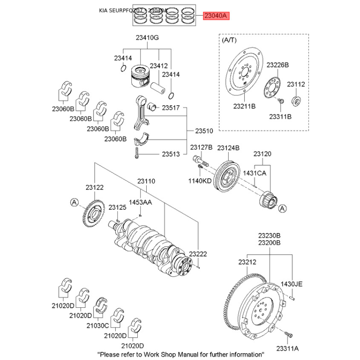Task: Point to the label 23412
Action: pyautogui.click(x=158, y=66)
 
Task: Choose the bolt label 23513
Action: pyautogui.click(x=171, y=154)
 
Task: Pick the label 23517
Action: pyautogui.click(x=171, y=108)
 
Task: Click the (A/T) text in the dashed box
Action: pyautogui.click(x=229, y=40)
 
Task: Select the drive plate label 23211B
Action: pyautogui.click(x=244, y=107)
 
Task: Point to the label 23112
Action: pyautogui.click(x=296, y=84)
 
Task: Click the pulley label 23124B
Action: pyautogui.click(x=228, y=148)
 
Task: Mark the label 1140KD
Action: pyautogui.click(x=200, y=181)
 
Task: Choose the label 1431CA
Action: pyautogui.click(x=255, y=173)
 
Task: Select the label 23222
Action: pyautogui.click(x=198, y=254)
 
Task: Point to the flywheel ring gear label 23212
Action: pyautogui.click(x=247, y=262)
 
